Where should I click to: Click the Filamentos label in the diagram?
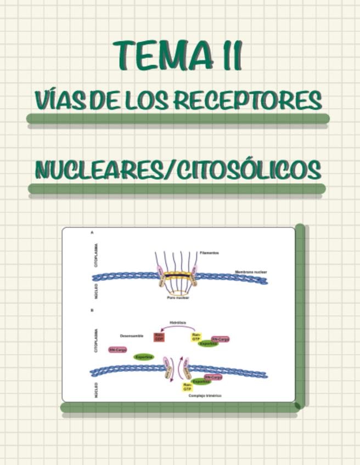[x=209, y=253]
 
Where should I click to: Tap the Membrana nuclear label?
[x=251, y=272]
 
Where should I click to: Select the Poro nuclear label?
[x=178, y=298]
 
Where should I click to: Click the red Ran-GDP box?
[x=159, y=337]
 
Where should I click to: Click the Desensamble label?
[x=131, y=336]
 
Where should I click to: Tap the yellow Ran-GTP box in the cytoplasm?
[x=196, y=337]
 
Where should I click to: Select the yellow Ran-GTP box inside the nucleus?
[x=188, y=387]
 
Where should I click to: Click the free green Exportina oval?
[x=144, y=357]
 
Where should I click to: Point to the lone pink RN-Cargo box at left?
[x=117, y=349]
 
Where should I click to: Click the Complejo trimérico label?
[x=205, y=395]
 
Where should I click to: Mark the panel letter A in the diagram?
[x=92, y=233]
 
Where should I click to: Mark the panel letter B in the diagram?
[x=92, y=310]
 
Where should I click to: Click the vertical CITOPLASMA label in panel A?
[x=97, y=256]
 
